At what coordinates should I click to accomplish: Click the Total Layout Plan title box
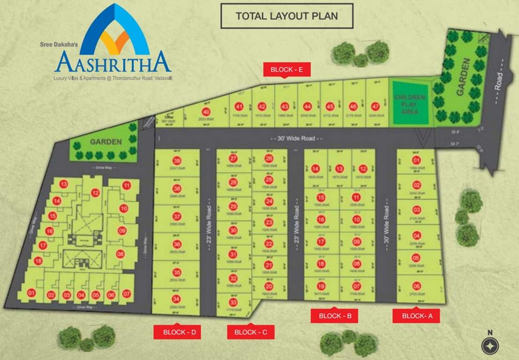286,16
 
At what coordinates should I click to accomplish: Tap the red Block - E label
287,70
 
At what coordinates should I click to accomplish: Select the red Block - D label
177,332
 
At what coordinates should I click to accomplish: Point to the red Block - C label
250,332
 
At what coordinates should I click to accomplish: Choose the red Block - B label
335,316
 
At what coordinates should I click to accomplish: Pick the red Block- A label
416,316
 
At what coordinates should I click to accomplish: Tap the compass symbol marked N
490,346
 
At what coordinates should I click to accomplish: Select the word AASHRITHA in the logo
113,62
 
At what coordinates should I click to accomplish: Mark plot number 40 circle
206,112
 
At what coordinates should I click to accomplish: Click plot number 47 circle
375,106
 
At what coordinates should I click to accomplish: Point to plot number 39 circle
177,161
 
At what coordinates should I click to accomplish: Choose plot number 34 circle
177,299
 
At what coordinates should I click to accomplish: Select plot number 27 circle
233,158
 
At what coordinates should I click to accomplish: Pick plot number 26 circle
269,158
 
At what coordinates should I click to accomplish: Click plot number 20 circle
269,286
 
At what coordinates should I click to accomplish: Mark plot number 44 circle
307,106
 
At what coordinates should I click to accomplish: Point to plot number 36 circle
177,244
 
